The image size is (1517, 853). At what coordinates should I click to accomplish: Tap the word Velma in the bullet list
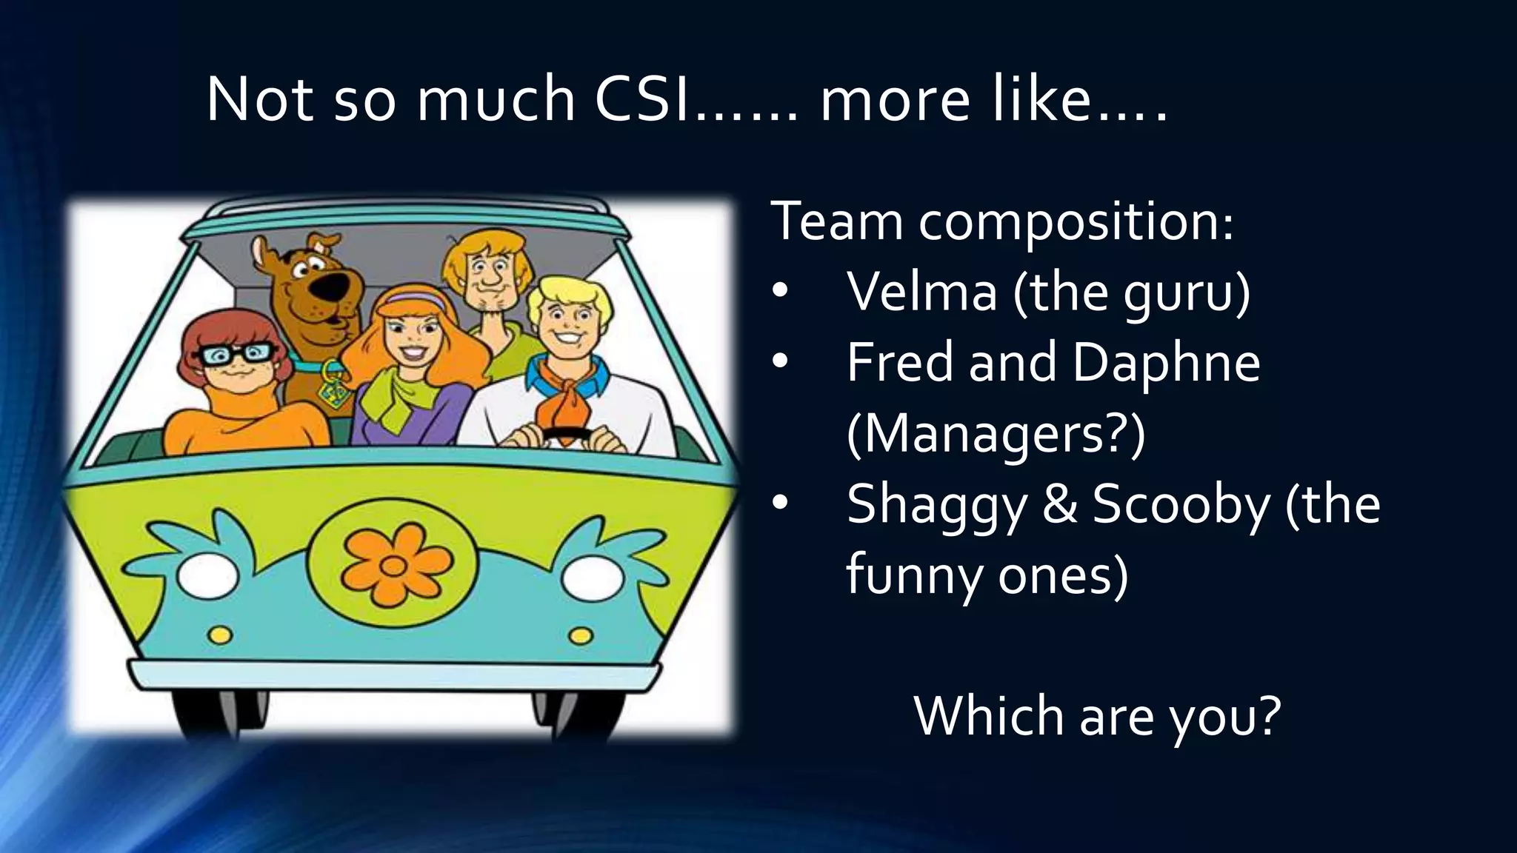pos(922,292)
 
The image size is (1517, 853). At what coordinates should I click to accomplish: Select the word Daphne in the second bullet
pos(1166,363)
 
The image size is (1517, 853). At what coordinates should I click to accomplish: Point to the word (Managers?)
pos(996,434)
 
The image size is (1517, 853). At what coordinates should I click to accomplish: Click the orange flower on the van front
pos(395,564)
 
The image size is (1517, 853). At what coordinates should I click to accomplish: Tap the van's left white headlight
pos(208,575)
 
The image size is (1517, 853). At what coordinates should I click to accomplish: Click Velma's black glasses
pos(234,355)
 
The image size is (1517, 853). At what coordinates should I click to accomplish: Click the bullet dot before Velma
pos(780,292)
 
